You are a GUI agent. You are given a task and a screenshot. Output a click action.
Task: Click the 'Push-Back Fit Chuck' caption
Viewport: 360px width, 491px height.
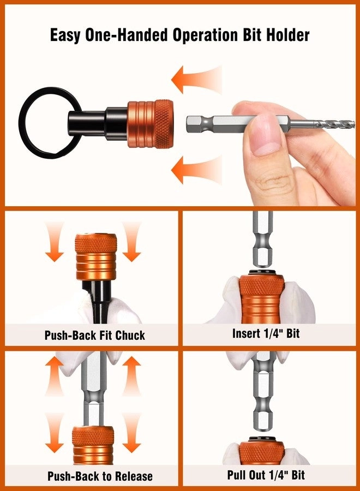click(95, 335)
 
